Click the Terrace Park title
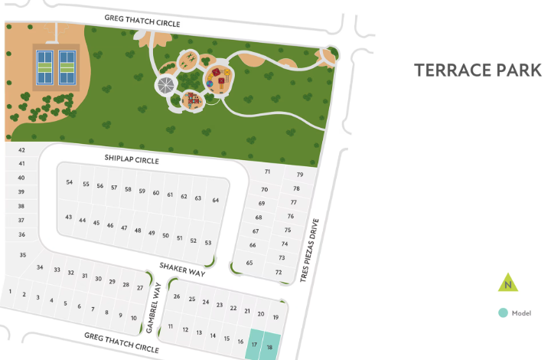pos(478,70)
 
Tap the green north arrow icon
pos(506,283)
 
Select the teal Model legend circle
pos(502,313)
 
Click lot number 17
pos(254,345)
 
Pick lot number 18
pos(269,347)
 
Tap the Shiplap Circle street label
pos(132,159)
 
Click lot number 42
pos(22,150)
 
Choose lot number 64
pos(216,200)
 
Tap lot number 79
pos(300,175)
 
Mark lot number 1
pos(10,291)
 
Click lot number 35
pos(23,255)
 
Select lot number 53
pos(207,242)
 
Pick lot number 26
pos(177,296)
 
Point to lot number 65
pos(249,263)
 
